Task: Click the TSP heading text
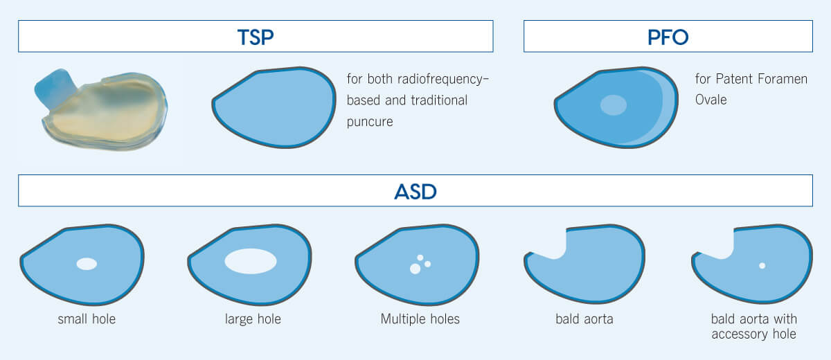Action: tap(256, 37)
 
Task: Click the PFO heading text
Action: tap(668, 37)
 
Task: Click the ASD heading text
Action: tap(415, 192)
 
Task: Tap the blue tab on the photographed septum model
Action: tap(55, 87)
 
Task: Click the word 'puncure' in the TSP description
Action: tap(370, 122)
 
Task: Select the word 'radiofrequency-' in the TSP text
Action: tap(443, 79)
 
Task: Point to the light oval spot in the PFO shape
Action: tap(614, 105)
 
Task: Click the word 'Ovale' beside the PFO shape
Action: tap(711, 100)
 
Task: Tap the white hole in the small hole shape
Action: tap(87, 264)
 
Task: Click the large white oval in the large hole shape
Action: tap(251, 261)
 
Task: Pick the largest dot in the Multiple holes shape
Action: tap(415, 269)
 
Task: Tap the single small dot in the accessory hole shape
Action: tap(762, 265)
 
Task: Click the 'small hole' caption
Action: tap(87, 319)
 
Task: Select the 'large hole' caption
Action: tap(253, 319)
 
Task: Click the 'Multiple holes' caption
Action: tap(420, 319)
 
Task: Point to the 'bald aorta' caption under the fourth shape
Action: tap(584, 319)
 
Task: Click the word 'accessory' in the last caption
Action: tap(740, 334)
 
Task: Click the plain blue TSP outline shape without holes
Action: tap(274, 107)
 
